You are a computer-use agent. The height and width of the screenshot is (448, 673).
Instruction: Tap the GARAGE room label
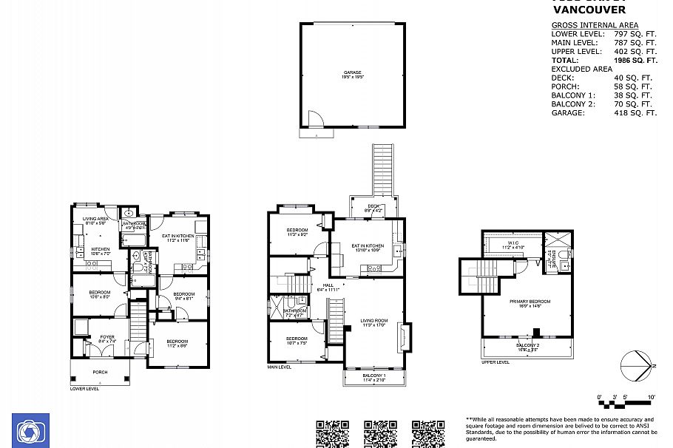tap(352, 72)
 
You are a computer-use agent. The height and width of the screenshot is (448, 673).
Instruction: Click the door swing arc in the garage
tap(316, 119)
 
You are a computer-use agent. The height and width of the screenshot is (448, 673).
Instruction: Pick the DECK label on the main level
tap(373, 206)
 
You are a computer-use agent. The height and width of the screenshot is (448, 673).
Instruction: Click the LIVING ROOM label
tap(374, 321)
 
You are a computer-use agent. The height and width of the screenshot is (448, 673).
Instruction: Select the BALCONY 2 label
tap(527, 345)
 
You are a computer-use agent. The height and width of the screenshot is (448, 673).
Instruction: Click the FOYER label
tap(107, 336)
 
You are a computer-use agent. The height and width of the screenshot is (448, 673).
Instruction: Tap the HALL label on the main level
tap(328, 285)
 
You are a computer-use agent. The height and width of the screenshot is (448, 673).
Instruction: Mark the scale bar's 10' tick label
tap(651, 397)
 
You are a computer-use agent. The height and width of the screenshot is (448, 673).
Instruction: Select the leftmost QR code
tap(332, 433)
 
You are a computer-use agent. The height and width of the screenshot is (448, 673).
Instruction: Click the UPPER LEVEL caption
tap(495, 362)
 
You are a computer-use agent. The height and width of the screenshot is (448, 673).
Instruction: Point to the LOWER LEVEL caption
tap(84, 388)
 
